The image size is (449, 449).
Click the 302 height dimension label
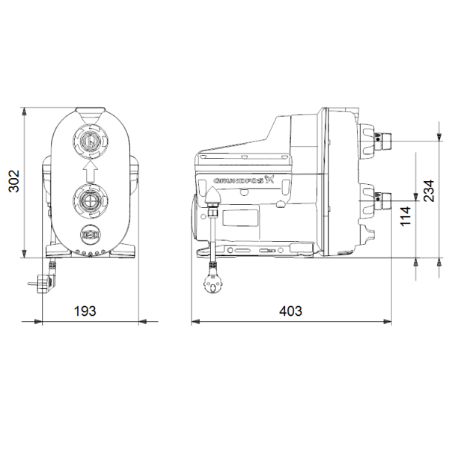pos(14,181)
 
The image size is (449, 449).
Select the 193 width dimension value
pos(85,311)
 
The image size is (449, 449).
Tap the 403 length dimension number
pos(290,311)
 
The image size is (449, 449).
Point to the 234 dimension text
pos(429,191)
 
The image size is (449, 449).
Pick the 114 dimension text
pos(406,216)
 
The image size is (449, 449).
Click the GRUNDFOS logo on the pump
pos(243,180)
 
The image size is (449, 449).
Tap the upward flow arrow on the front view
pos(91,171)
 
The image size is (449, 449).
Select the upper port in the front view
pos(91,141)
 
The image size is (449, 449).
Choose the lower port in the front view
pos(91,200)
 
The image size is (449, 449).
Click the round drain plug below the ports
pos(91,235)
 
